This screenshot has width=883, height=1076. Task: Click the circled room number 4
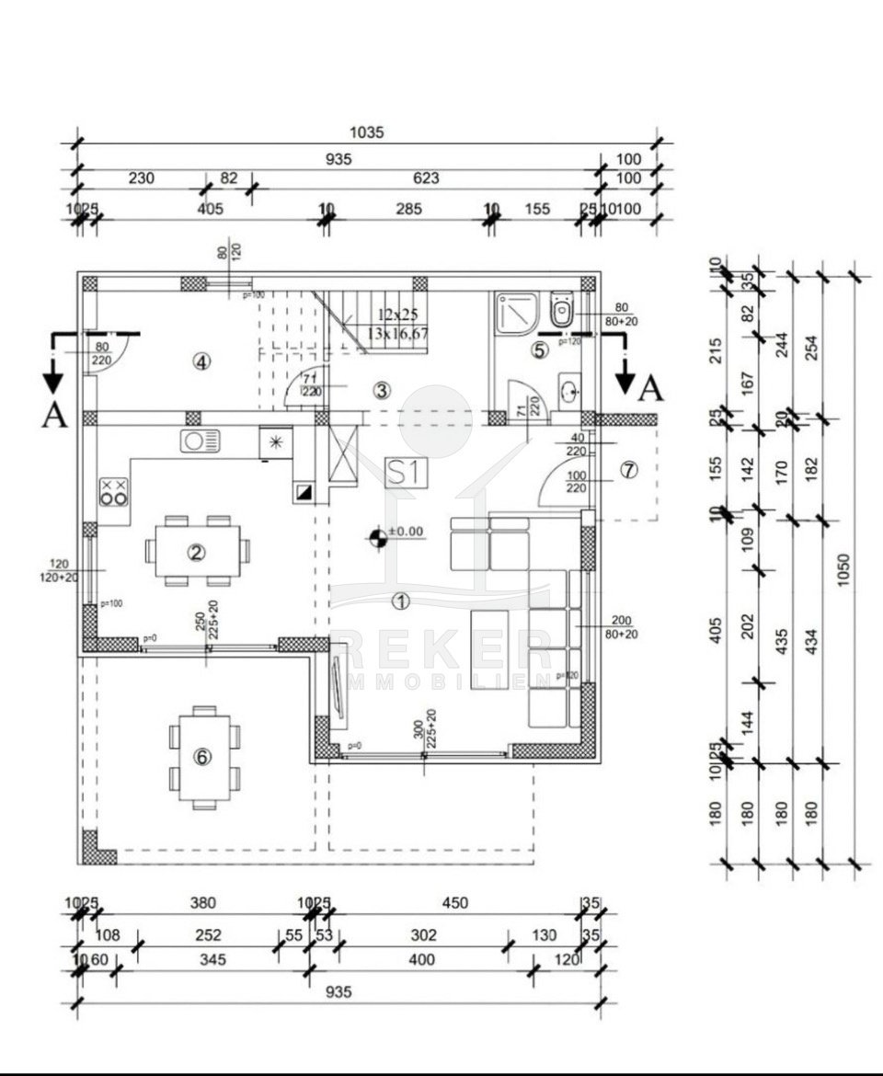(201, 361)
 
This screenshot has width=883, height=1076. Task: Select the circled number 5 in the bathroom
(540, 349)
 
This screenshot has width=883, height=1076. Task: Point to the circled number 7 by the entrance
(628, 470)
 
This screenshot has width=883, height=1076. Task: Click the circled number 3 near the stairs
(382, 389)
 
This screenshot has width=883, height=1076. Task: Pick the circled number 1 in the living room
(399, 601)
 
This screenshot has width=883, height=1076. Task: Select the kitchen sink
(200, 441)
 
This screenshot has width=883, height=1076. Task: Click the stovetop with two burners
(114, 492)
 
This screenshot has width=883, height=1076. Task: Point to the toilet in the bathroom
(560, 310)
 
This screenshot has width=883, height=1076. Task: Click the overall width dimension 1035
(366, 132)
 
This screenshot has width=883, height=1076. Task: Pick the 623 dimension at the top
(426, 178)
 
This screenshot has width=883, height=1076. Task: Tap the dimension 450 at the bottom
(454, 903)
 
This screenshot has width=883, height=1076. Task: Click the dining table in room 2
(196, 550)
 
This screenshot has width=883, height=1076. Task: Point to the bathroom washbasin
(568, 390)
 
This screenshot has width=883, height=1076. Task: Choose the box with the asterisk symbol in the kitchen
(275, 442)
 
